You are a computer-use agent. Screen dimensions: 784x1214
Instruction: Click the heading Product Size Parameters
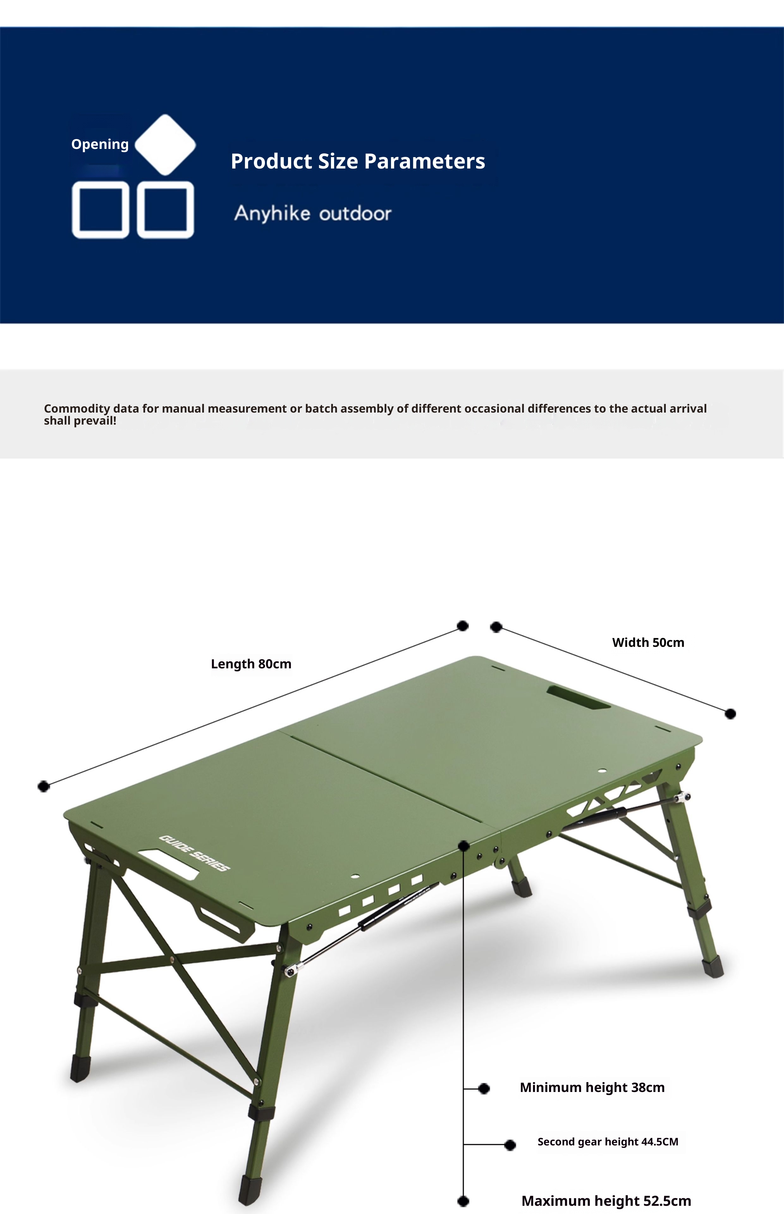(x=358, y=161)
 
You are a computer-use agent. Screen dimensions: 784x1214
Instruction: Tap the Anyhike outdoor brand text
(x=313, y=213)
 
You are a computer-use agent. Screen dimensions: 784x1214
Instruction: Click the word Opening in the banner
(x=100, y=144)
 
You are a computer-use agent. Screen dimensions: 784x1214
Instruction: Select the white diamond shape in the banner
(x=165, y=144)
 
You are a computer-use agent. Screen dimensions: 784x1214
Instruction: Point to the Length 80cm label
(x=251, y=664)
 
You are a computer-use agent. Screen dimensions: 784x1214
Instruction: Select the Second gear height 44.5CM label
(x=608, y=1141)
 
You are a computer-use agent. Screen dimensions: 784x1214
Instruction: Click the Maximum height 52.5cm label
(x=606, y=1201)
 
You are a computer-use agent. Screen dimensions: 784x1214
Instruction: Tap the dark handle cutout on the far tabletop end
(x=578, y=698)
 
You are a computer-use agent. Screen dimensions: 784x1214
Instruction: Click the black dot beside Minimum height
(x=484, y=1088)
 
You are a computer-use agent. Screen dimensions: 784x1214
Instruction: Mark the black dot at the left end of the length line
(x=44, y=787)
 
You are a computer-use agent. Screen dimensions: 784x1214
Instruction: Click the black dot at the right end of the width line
(x=730, y=714)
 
